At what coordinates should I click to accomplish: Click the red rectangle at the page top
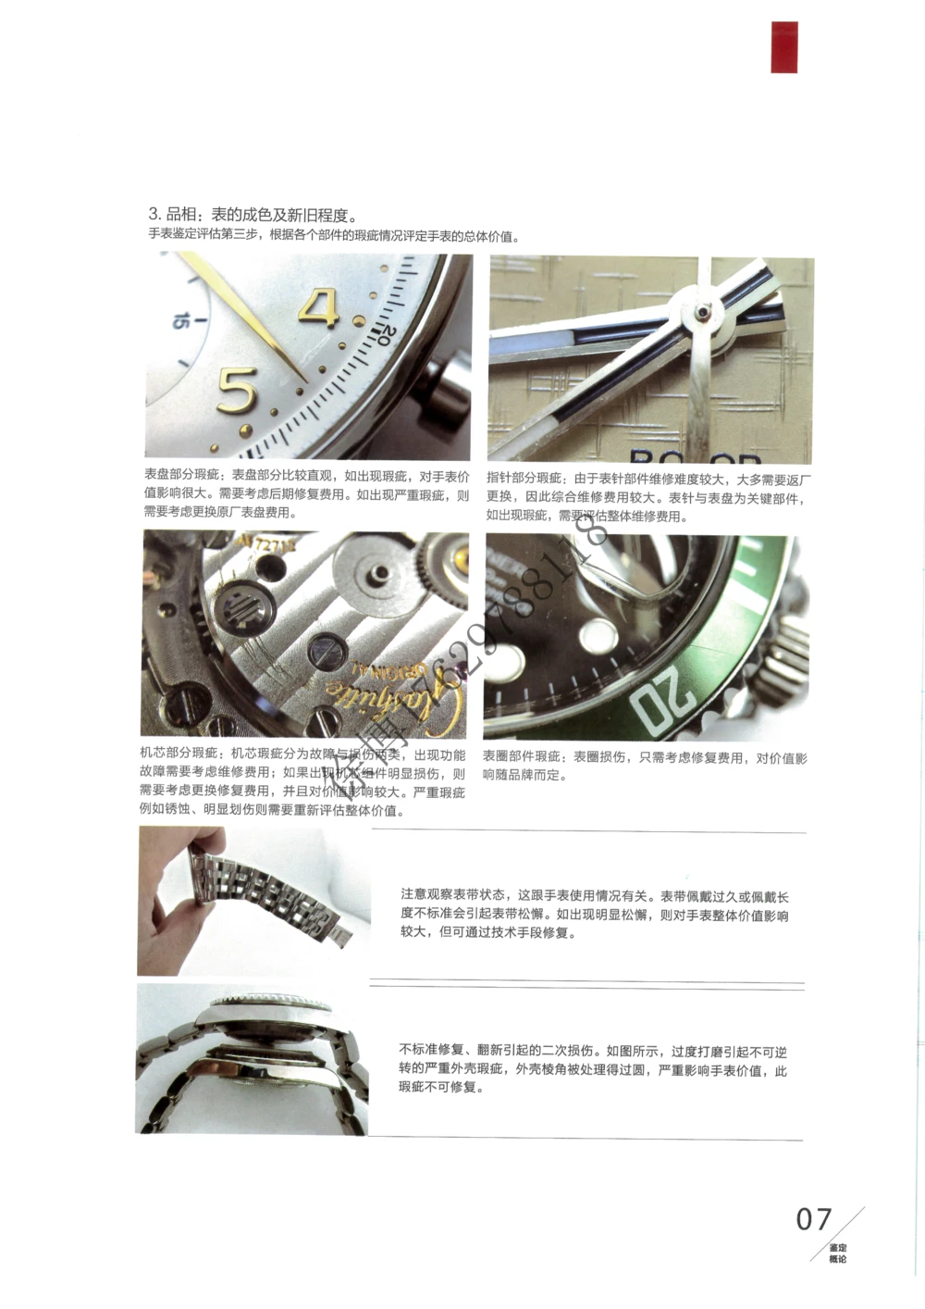pos(784,46)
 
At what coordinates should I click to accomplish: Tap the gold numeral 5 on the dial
pos(237,390)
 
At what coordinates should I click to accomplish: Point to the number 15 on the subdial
pos(181,321)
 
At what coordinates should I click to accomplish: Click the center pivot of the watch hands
pos(705,312)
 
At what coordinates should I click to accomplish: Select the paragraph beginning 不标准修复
pos(593,1068)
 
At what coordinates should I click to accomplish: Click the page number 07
pos(814,1219)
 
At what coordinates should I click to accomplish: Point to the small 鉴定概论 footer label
pos(837,1253)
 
